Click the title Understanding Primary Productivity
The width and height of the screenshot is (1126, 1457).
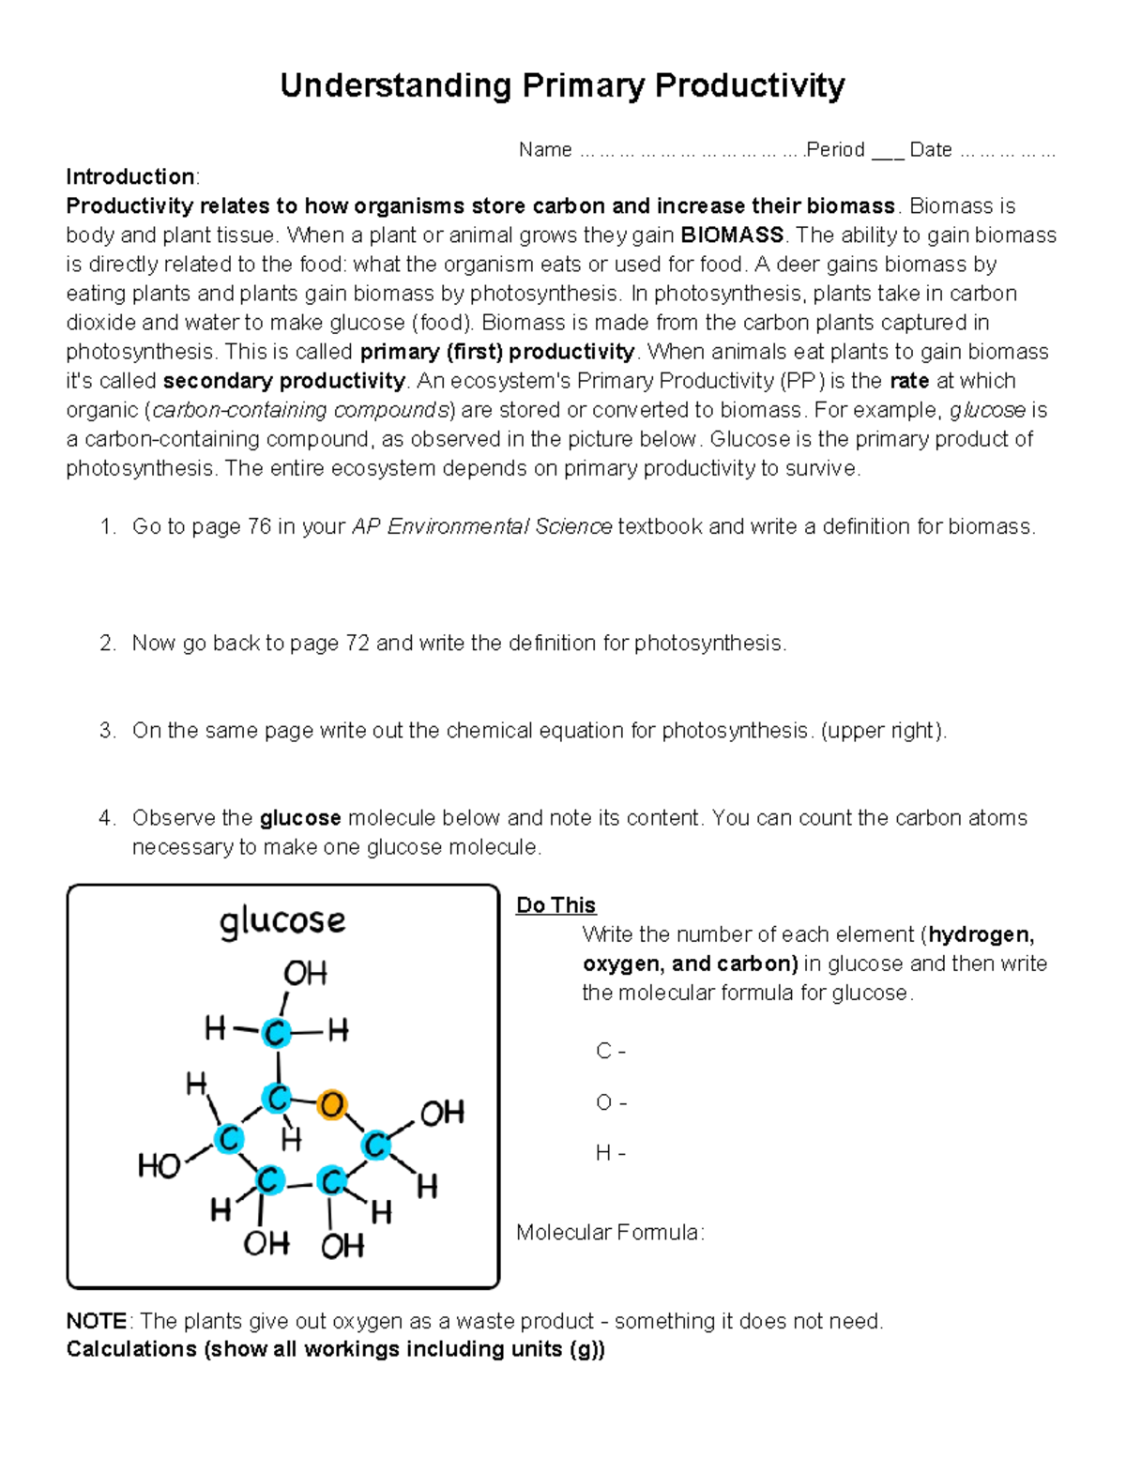562,85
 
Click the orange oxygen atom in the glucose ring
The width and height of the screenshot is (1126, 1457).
331,1105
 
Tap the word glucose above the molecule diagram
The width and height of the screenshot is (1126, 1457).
282,920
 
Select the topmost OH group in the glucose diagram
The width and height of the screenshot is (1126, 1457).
305,973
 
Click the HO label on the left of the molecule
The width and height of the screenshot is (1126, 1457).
159,1166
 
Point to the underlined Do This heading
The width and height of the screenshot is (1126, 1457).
555,905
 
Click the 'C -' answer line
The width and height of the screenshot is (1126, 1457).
611,1052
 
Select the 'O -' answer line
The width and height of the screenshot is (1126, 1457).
612,1102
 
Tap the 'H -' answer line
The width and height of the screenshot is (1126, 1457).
611,1153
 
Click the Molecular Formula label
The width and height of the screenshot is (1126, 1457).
610,1232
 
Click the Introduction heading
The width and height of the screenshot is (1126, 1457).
130,177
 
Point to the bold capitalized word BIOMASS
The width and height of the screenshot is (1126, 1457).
732,235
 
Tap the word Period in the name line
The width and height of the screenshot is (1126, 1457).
836,150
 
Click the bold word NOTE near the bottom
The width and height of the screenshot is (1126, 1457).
97,1321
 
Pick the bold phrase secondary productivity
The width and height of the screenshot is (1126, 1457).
283,381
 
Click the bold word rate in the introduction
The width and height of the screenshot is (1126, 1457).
909,381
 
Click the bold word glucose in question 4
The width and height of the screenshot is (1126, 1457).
300,818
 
